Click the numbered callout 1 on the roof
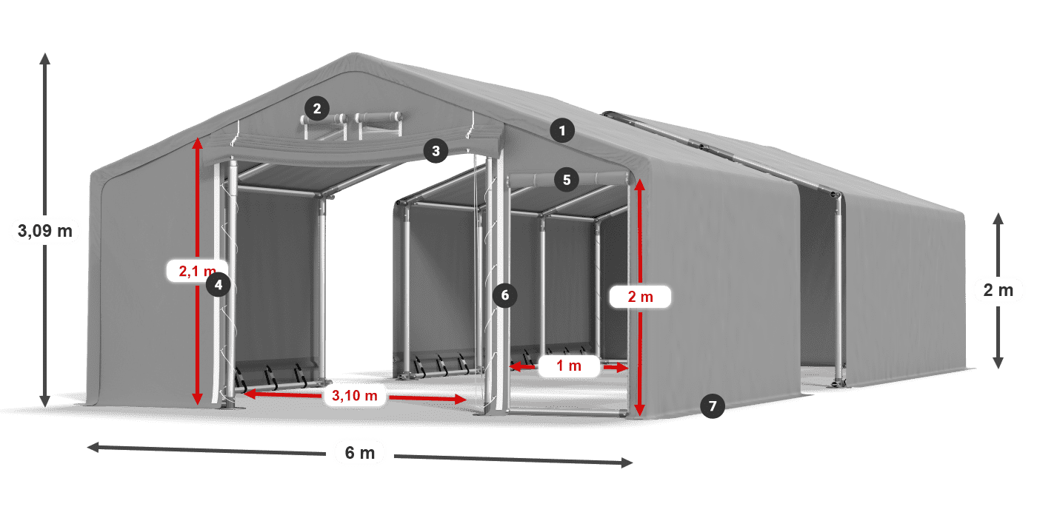[x=562, y=132]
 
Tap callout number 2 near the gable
[x=316, y=110]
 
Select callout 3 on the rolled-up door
[x=436, y=152]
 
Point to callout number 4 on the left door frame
[x=218, y=284]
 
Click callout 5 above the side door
[x=567, y=179]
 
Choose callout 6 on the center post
[x=504, y=295]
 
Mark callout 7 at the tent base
[x=712, y=406]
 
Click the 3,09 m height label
[x=44, y=231]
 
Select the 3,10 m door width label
[x=356, y=396]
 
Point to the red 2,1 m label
[x=193, y=272]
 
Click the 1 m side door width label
[x=569, y=366]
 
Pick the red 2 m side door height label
[x=640, y=297]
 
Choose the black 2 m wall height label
[x=998, y=290]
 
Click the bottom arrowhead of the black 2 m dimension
[x=998, y=363]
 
